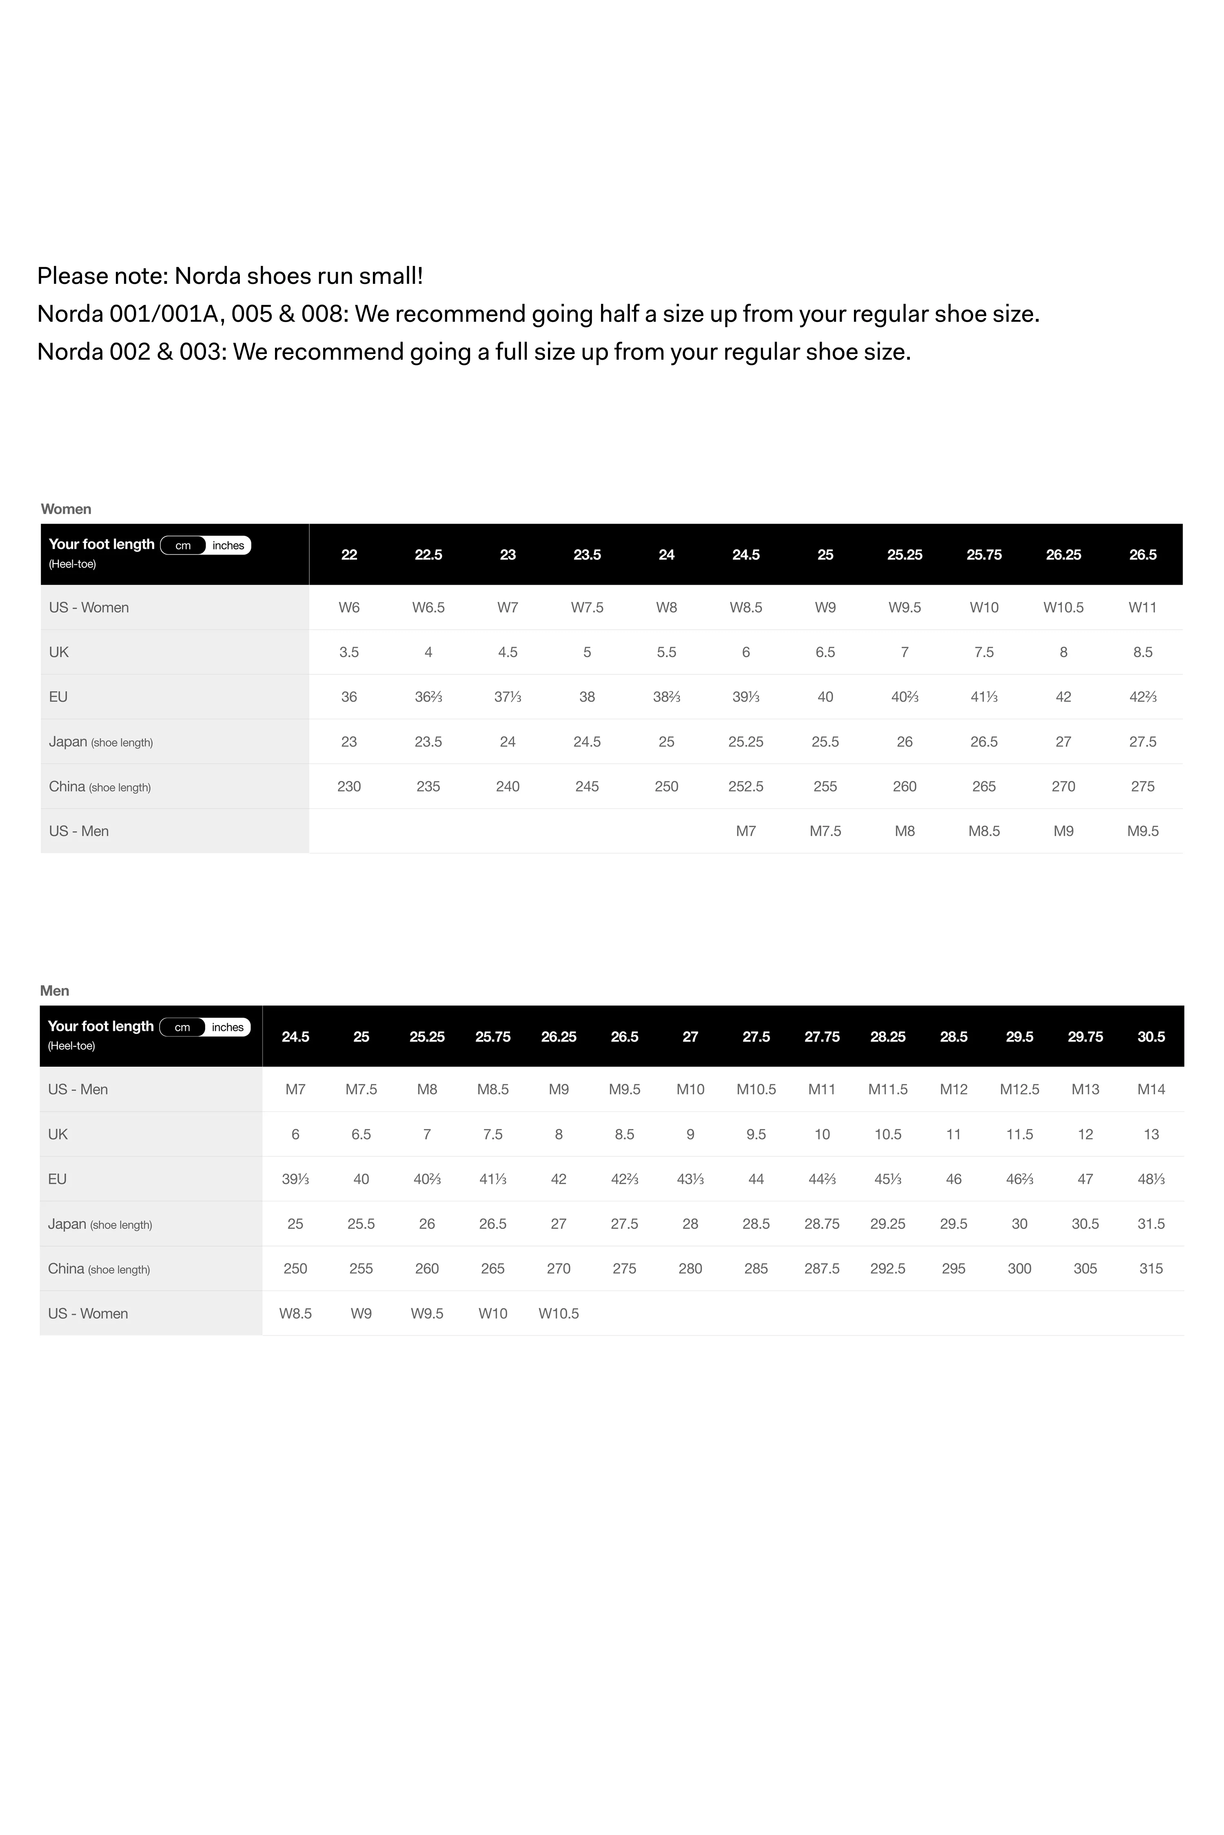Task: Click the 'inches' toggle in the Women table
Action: coord(228,545)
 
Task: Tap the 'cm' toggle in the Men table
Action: coord(182,1028)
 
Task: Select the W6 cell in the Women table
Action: coord(349,608)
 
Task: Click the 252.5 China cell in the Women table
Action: coord(745,787)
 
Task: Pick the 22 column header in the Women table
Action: coord(349,555)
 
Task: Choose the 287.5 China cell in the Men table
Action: coord(822,1269)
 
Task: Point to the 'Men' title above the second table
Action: coord(55,991)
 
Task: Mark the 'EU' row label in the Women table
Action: coord(58,697)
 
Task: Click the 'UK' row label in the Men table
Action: coord(58,1134)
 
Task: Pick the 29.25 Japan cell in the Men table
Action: coord(887,1224)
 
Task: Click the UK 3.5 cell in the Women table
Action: coord(349,652)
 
